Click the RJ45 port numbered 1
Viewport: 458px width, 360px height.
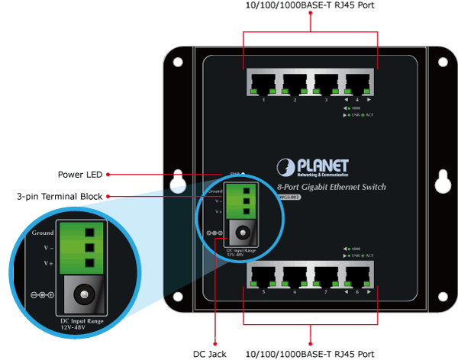coord(263,82)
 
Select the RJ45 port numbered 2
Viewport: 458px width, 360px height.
coord(295,82)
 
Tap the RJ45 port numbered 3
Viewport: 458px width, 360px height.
coord(327,82)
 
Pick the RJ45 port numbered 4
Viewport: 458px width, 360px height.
coord(359,82)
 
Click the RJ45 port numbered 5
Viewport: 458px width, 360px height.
coord(263,275)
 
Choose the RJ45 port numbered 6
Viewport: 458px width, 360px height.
coord(295,275)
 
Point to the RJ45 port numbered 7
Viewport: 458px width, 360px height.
coord(327,275)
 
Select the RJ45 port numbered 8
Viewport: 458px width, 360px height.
coord(359,275)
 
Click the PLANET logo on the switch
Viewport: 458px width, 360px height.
coord(313,167)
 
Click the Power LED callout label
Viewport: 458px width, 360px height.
coord(79,174)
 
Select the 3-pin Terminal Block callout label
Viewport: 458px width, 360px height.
coord(60,197)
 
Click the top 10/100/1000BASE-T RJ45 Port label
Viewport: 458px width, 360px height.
coord(311,6)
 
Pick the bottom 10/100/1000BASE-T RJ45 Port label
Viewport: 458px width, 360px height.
coord(311,353)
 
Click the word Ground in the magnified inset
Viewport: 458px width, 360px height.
coord(43,233)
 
